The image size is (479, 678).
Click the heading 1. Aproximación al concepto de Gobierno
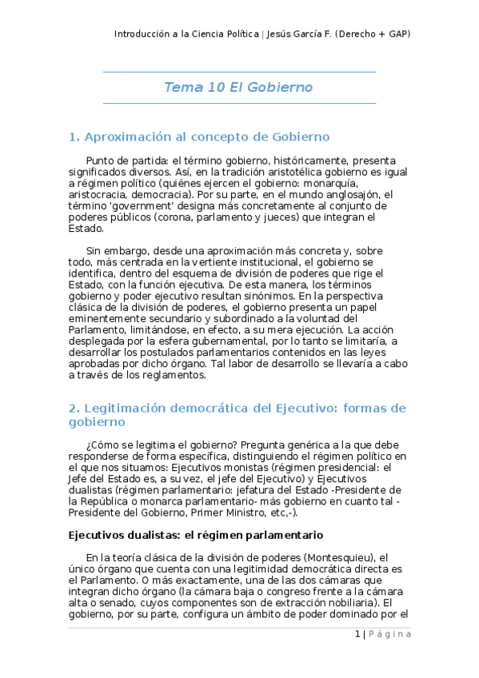point(199,137)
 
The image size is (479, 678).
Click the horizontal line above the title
point(239,72)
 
